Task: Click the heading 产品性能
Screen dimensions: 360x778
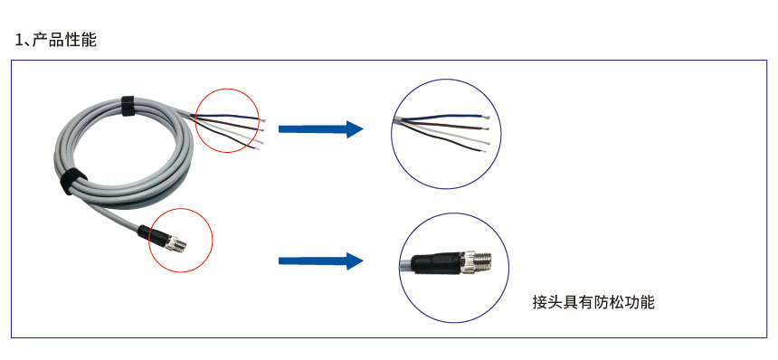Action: click(64, 40)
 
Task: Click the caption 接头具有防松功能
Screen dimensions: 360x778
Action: click(593, 302)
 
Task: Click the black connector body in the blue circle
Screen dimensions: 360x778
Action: click(431, 262)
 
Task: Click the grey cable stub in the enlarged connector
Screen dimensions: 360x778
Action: click(405, 264)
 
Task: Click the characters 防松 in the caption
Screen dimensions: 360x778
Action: click(608, 302)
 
